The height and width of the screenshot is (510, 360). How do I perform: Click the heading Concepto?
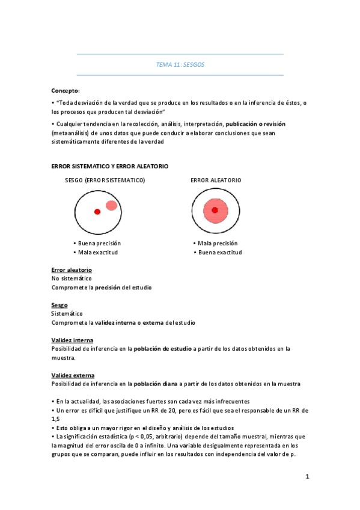(x=66, y=90)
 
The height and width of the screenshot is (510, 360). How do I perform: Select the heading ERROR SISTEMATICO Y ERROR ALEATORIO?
(x=110, y=165)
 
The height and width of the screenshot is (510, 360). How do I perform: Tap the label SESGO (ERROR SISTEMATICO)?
(x=105, y=180)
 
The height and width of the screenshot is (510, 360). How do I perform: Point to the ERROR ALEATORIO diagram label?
(x=216, y=180)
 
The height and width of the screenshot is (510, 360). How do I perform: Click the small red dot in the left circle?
(x=97, y=212)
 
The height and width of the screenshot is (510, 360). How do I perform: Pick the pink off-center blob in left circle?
(x=111, y=206)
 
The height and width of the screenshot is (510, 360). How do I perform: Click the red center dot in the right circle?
(x=215, y=210)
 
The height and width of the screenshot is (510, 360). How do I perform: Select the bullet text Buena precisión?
(x=99, y=243)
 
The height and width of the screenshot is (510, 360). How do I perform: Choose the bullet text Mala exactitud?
(x=98, y=253)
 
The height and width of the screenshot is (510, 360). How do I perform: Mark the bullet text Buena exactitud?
(x=220, y=253)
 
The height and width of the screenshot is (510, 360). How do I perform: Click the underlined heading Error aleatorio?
(x=72, y=270)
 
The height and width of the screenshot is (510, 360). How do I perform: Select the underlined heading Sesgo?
(x=59, y=305)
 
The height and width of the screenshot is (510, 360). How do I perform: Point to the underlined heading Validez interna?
(x=72, y=340)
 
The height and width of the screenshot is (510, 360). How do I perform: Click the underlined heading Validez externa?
(x=73, y=375)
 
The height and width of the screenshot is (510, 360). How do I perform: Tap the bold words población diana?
(x=157, y=384)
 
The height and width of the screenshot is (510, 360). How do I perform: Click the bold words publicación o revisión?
(x=255, y=123)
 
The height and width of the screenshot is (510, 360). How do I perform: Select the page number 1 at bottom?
(x=307, y=477)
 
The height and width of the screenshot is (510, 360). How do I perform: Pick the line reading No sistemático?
(x=72, y=278)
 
